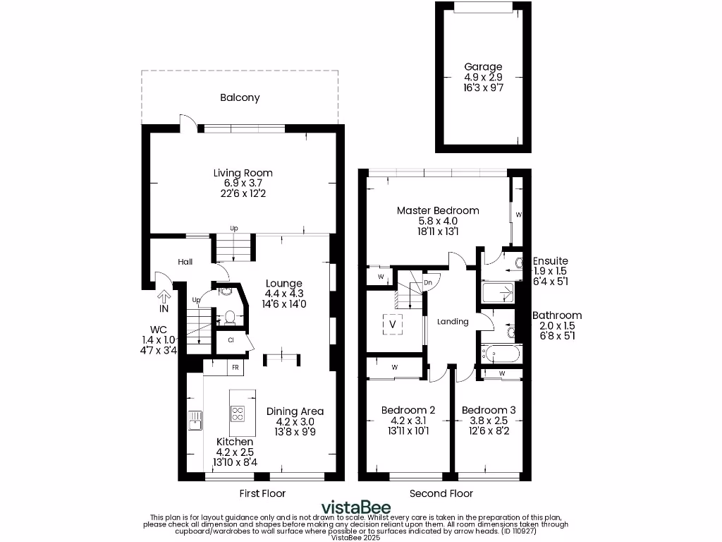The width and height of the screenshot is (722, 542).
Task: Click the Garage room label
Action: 483,67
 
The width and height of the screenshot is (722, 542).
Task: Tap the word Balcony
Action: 240,98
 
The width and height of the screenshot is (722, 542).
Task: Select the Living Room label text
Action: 243,173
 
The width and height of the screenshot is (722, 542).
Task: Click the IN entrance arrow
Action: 164,298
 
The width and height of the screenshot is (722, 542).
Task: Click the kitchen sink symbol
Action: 195,421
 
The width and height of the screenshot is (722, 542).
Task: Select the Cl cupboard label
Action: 231,340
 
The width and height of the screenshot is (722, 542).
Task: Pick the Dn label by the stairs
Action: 428,283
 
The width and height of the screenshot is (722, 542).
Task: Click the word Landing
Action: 453,322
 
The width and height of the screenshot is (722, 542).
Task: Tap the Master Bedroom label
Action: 438,210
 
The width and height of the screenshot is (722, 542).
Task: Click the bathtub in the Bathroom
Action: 500,352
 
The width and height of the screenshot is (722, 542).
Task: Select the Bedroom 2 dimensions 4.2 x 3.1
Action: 408,421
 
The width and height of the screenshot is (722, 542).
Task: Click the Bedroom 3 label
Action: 489,410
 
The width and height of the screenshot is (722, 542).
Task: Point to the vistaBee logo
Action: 355,507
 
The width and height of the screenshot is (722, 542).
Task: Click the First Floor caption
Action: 262,493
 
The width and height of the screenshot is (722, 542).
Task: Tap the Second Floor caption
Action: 441,493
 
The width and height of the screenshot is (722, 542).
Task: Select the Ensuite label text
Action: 550,261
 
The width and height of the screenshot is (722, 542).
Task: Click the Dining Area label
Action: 295,411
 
